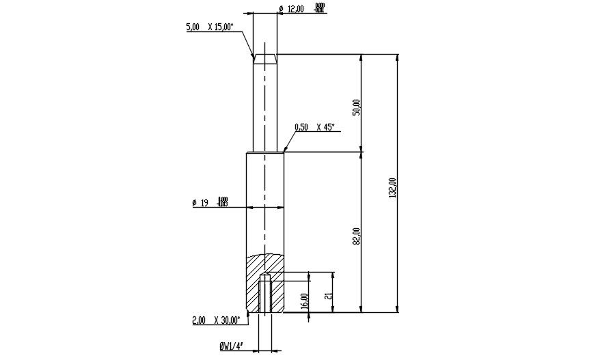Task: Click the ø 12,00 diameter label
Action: [292, 9]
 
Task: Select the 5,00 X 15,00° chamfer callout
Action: [210, 27]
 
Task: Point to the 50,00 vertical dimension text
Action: [356, 107]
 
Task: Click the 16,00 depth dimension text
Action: [304, 300]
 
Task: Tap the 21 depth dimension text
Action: [327, 294]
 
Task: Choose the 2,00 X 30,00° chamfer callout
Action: [215, 320]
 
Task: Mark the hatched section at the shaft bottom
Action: [253, 287]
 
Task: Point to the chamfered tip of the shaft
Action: [265, 58]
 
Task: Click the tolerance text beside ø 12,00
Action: [320, 8]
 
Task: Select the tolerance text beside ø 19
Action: [223, 202]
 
